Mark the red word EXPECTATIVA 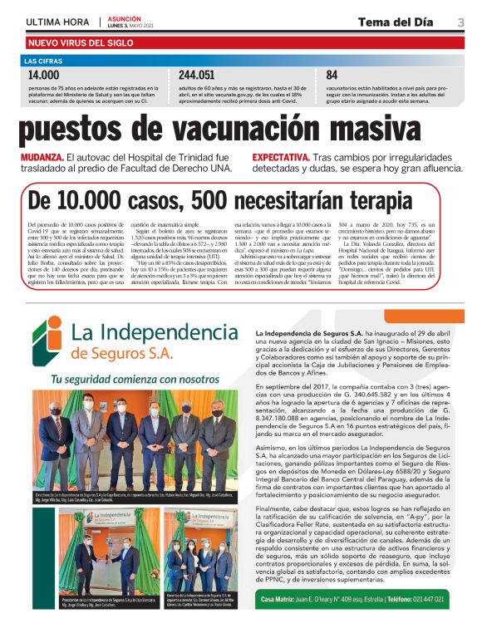point(282,157)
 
